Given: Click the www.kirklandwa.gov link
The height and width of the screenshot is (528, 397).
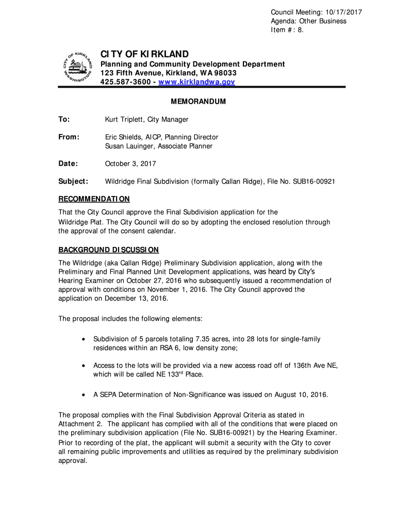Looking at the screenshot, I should (x=196, y=82).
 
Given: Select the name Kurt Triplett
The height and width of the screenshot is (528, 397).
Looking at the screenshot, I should (x=124, y=120).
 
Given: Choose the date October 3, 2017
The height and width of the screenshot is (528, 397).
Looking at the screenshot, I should (x=130, y=164).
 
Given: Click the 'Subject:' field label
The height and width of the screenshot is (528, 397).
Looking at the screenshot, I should (x=73, y=181).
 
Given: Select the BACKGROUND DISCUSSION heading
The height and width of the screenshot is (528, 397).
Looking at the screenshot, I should (x=108, y=250).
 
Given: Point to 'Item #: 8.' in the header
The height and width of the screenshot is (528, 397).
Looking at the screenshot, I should (x=290, y=30).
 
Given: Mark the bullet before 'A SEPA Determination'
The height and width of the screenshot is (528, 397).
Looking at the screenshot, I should (x=84, y=395).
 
